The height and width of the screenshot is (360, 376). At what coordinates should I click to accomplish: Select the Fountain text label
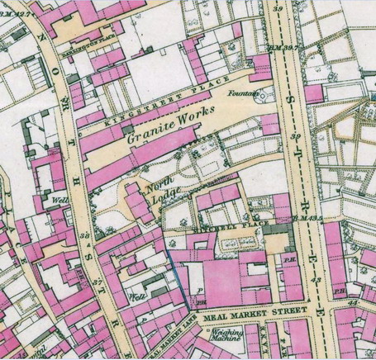coord(245,91)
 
